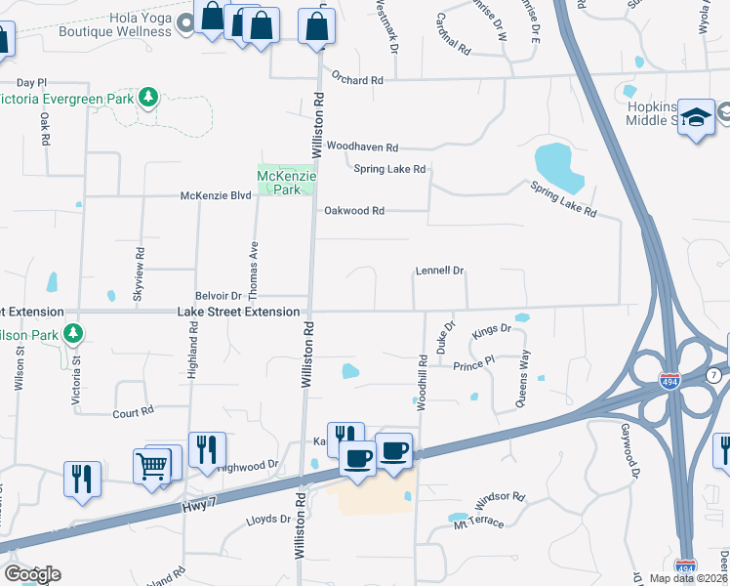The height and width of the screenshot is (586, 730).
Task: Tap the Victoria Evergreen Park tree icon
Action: click(148, 97)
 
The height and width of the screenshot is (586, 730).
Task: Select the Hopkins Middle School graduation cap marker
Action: click(696, 118)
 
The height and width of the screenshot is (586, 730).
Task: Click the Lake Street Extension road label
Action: click(238, 312)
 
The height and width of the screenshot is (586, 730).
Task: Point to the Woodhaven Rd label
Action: click(362, 147)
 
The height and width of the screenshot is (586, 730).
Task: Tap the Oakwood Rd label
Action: click(354, 210)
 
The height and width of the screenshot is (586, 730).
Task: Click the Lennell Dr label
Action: click(439, 270)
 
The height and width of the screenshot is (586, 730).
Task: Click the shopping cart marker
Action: click(154, 467)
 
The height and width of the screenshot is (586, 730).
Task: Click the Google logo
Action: click(32, 573)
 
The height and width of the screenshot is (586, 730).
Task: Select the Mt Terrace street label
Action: click(478, 523)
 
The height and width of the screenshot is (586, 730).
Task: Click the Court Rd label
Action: click(134, 413)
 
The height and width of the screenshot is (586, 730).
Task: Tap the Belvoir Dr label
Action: click(219, 295)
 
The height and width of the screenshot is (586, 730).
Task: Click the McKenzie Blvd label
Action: click(216, 195)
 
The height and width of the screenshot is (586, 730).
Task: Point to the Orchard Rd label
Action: click(357, 78)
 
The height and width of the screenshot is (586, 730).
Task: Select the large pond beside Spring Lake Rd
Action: click(559, 167)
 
